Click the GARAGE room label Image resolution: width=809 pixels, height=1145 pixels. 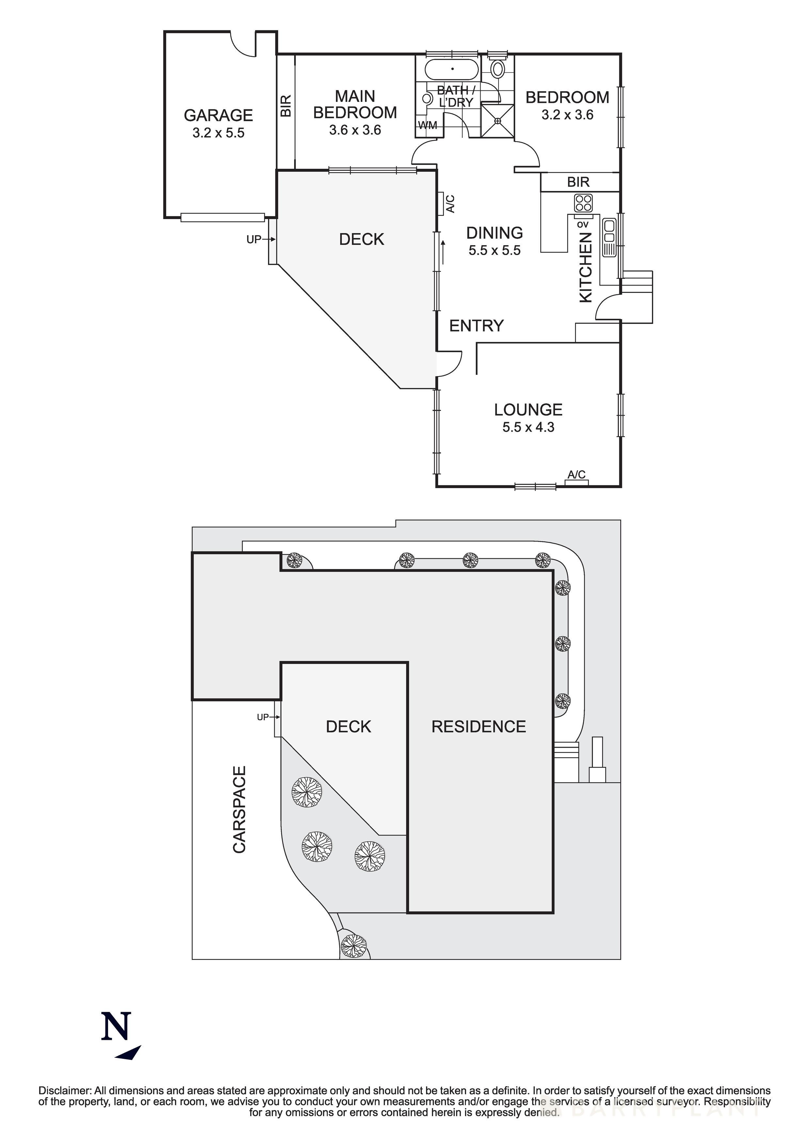[x=218, y=115]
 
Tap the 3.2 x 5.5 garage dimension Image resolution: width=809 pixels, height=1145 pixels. [x=218, y=133]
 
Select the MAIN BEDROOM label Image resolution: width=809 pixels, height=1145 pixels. [x=355, y=104]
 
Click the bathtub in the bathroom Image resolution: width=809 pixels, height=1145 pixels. [x=452, y=69]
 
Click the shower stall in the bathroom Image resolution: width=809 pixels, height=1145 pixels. [x=497, y=120]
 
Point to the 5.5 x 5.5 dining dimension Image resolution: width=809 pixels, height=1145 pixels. [x=494, y=251]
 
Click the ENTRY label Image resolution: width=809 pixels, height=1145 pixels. [x=476, y=326]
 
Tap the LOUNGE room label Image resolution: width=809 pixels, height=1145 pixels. [x=528, y=410]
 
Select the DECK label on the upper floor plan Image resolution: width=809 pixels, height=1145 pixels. [x=362, y=239]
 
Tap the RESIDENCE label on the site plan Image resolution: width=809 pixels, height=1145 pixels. [x=479, y=726]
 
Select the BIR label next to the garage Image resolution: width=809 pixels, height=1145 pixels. [x=286, y=106]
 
